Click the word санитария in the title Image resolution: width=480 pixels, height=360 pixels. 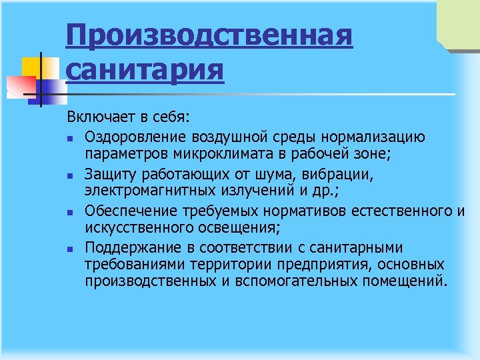tap(145, 69)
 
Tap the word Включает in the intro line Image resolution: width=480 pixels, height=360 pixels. tap(99, 118)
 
